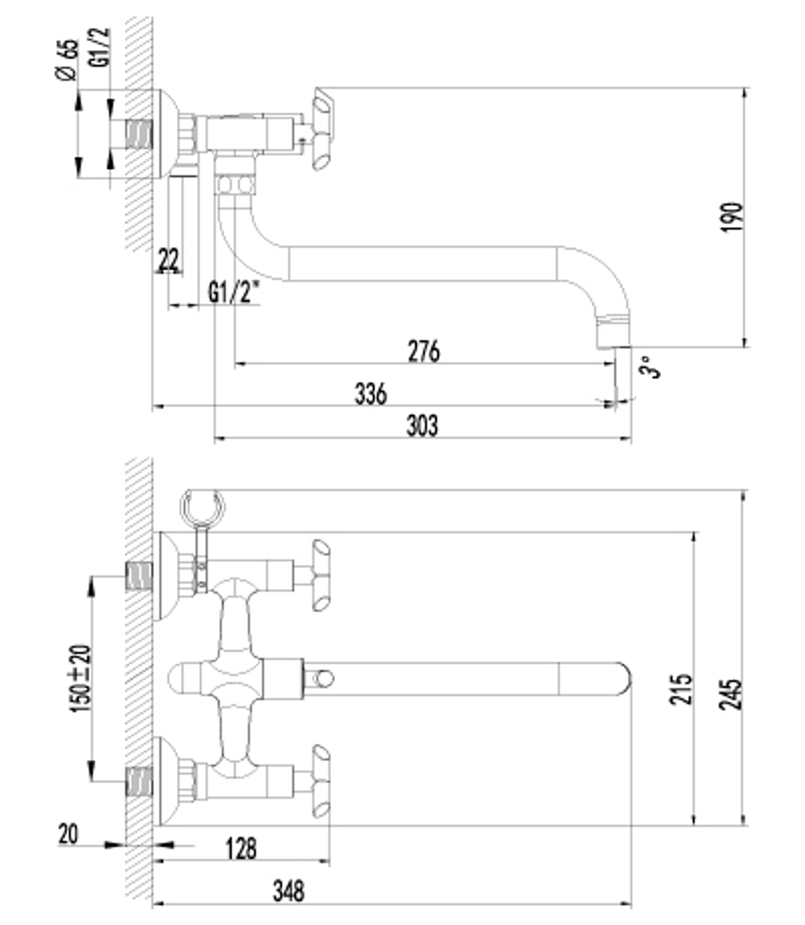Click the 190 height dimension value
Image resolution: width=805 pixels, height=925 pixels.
pyautogui.click(x=733, y=217)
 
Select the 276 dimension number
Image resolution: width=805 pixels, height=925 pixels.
pyautogui.click(x=424, y=351)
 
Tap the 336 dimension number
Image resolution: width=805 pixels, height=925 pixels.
pyautogui.click(x=370, y=393)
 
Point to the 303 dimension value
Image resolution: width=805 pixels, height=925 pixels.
pyautogui.click(x=423, y=425)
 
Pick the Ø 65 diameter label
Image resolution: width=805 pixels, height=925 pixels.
pyautogui.click(x=67, y=60)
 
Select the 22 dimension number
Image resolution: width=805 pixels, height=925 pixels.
pyautogui.click(x=169, y=260)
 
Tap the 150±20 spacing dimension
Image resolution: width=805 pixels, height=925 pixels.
pyautogui.click(x=81, y=678)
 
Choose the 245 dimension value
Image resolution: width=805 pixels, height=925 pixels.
pyautogui.click(x=731, y=693)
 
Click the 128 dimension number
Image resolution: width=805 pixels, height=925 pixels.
pyautogui.click(x=241, y=849)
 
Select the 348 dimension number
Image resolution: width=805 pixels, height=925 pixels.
pyautogui.click(x=289, y=890)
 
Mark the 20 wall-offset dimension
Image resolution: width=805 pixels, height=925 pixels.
pyautogui.click(x=68, y=834)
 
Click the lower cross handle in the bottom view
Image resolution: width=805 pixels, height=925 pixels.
pyautogui.click(x=320, y=781)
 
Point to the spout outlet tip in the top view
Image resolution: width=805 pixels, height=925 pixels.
pyautogui.click(x=614, y=346)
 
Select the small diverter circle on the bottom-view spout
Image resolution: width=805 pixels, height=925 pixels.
pyautogui.click(x=324, y=678)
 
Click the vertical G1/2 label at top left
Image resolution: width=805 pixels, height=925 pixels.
pyautogui.click(x=101, y=47)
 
